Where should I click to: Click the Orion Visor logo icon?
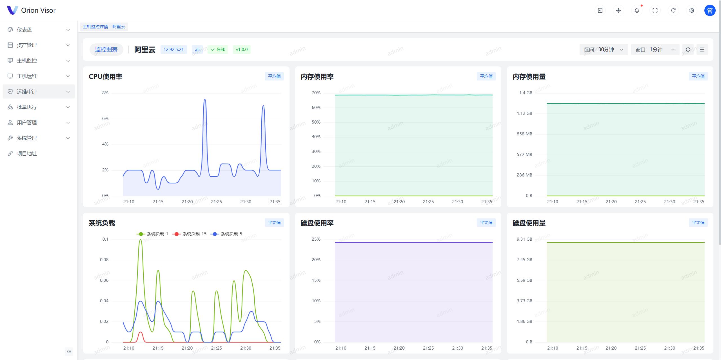pos(12,10)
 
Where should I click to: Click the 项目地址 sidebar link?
pos(27,153)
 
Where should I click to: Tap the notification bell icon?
pos(637,10)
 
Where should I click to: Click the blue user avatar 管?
pos(710,10)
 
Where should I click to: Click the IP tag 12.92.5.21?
pos(173,50)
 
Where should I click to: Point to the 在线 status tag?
pos(218,50)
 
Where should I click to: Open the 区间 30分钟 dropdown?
pos(604,50)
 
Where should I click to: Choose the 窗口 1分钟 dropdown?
pos(655,50)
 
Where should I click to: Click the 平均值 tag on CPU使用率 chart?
pos(274,76)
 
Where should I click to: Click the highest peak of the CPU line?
pos(205,99)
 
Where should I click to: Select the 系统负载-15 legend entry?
pos(190,234)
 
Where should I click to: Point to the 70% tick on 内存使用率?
pos(316,93)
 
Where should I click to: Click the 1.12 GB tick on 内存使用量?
pos(524,113)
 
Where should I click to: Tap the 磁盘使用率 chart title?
pos(317,223)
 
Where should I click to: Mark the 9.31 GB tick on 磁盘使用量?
pos(524,239)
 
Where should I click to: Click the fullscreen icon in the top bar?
pos(655,10)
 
